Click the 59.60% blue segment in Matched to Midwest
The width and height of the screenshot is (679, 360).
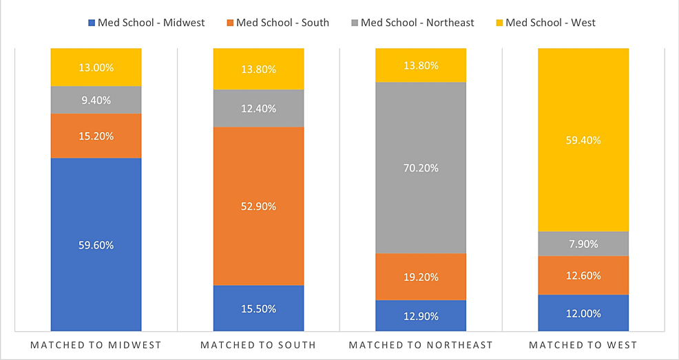96,244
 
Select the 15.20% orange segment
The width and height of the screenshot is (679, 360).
96,136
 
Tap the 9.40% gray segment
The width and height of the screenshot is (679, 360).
96,100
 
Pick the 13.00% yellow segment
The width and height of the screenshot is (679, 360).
96,67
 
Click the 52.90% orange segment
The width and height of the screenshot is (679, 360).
258,206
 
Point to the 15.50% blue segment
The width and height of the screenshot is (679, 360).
258,308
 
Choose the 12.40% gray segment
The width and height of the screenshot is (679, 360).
258,108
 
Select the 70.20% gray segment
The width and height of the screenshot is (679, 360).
421,167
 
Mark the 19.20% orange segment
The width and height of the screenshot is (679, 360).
421,277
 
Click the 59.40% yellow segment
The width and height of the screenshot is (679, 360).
583,140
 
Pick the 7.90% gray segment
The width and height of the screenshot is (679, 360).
583,244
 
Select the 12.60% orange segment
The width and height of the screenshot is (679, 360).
583,275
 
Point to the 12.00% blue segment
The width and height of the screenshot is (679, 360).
583,313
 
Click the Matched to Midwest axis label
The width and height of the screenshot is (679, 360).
96,345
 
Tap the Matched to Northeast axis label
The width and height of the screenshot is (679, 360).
421,345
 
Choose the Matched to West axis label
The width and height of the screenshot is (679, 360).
583,345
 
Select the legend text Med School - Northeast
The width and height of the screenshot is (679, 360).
417,23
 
